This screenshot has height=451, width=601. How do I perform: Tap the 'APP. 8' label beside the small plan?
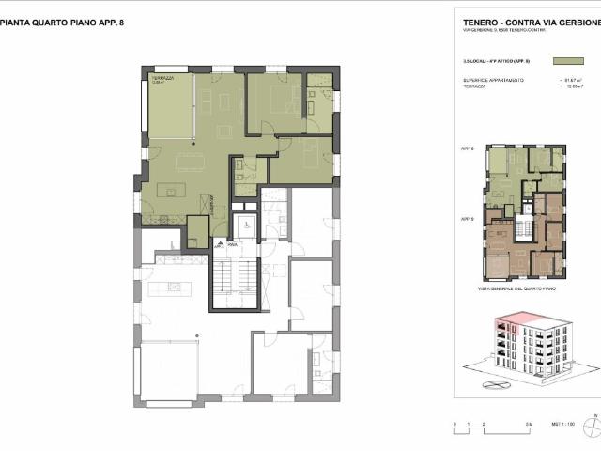(468, 149)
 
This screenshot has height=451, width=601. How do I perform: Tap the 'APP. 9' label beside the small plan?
(468, 218)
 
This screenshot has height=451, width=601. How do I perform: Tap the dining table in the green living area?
(215, 99)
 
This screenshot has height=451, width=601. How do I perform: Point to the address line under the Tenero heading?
(503, 31)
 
